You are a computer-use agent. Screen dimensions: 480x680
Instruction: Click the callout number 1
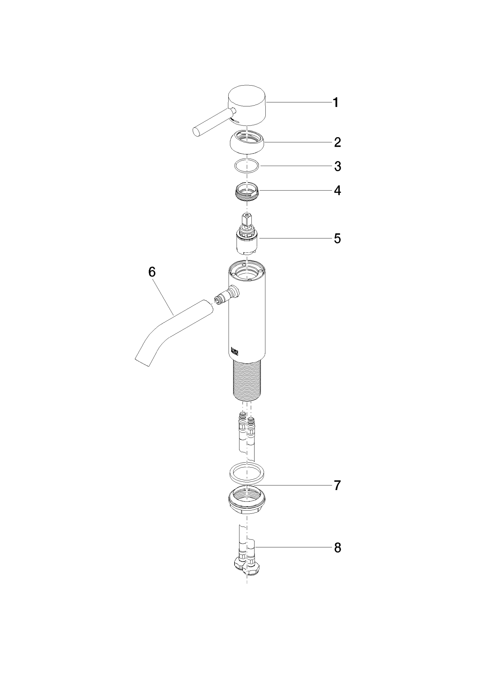pyautogui.click(x=336, y=103)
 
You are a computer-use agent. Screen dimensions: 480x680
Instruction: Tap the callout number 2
pyautogui.click(x=337, y=142)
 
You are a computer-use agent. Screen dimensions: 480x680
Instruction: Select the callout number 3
pyautogui.click(x=338, y=166)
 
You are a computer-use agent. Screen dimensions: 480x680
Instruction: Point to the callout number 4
pyautogui.click(x=337, y=191)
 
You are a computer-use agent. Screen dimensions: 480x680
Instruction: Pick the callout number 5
pyautogui.click(x=337, y=238)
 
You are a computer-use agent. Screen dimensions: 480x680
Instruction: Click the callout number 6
pyautogui.click(x=152, y=272)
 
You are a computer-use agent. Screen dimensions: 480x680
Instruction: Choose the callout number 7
pyautogui.click(x=337, y=485)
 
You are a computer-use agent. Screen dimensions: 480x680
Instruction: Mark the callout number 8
pyautogui.click(x=338, y=548)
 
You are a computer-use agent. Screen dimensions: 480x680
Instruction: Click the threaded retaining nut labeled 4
pyautogui.click(x=247, y=193)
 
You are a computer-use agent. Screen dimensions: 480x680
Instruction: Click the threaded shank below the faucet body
pyautogui.click(x=247, y=380)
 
